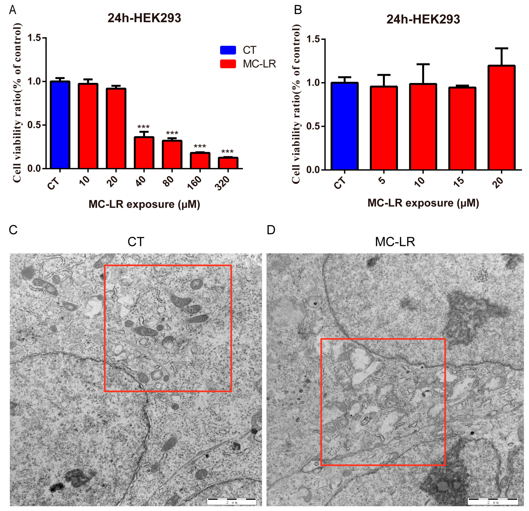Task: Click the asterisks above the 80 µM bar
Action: click(172, 133)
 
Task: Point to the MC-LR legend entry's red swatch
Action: click(228, 64)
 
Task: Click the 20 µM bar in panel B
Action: click(501, 118)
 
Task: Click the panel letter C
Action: click(13, 230)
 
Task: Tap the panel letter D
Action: click(271, 230)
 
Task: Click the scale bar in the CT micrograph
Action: click(232, 501)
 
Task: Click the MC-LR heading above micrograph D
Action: click(395, 242)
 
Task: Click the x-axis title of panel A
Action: click(144, 204)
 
